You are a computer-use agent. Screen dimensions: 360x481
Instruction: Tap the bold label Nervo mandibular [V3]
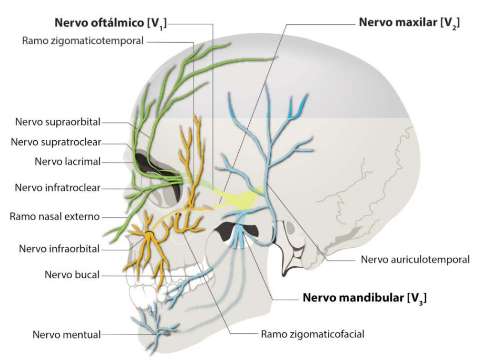click(364, 299)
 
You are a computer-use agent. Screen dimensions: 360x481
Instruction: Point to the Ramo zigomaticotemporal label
click(82, 41)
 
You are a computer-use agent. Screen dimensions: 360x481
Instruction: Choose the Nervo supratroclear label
click(56, 142)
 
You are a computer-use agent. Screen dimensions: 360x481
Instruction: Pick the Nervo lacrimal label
click(68, 161)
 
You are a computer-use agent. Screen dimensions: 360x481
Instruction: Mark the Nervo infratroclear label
click(58, 187)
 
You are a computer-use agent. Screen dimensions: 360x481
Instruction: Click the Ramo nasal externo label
click(55, 217)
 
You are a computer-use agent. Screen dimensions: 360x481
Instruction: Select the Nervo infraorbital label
click(59, 248)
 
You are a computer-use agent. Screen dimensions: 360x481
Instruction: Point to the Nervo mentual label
click(67, 334)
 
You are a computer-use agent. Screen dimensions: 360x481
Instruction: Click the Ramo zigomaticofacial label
click(313, 333)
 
